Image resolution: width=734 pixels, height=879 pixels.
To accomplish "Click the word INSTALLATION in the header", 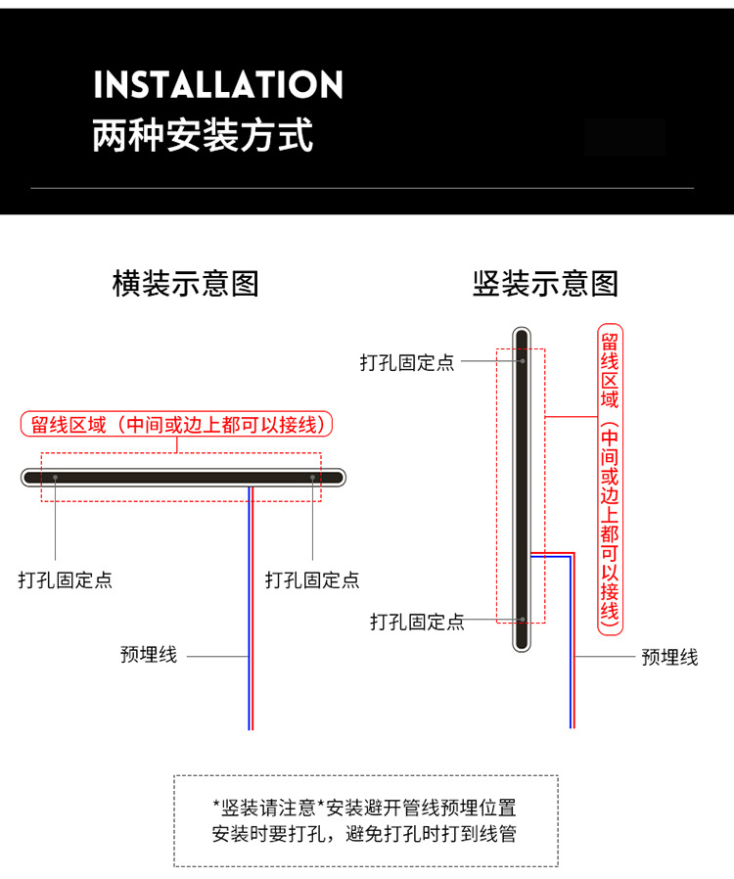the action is click(x=218, y=84).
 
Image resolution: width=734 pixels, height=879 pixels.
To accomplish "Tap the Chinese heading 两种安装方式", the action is click(x=203, y=135).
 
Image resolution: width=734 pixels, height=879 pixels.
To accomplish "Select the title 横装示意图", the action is click(x=186, y=283).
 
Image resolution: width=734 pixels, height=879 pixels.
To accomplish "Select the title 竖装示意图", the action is click(x=545, y=283).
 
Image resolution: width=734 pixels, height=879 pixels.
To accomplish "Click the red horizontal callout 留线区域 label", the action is click(x=176, y=425).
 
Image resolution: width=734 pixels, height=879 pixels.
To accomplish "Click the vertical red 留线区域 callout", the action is click(x=610, y=480).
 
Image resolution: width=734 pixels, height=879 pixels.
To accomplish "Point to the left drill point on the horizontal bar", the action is click(x=55, y=477).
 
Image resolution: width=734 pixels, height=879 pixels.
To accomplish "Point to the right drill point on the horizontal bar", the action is click(x=312, y=477).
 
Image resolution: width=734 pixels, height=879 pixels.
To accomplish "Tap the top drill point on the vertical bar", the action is click(x=523, y=361).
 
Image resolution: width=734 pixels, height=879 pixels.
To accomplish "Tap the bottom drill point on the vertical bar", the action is click(x=523, y=620).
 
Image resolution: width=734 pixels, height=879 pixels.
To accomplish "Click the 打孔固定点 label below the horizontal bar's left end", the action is click(x=65, y=579).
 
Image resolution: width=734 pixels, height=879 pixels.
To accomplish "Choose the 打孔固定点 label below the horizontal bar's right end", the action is click(x=312, y=579).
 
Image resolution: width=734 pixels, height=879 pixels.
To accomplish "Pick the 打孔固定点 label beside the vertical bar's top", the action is click(x=407, y=363).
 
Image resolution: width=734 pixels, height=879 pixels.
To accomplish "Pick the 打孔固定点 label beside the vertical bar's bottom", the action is click(x=417, y=622).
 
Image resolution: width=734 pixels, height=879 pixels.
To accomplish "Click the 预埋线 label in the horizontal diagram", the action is click(x=149, y=655).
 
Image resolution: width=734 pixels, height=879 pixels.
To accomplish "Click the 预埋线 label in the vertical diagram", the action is click(x=669, y=657).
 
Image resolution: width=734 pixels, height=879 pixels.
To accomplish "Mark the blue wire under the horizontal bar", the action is click(x=249, y=608).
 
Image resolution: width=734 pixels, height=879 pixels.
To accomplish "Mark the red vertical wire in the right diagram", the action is click(x=573, y=640).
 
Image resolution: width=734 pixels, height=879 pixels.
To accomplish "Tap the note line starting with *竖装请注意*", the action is click(x=364, y=808).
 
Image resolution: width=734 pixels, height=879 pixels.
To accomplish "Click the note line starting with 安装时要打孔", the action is click(x=364, y=834).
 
